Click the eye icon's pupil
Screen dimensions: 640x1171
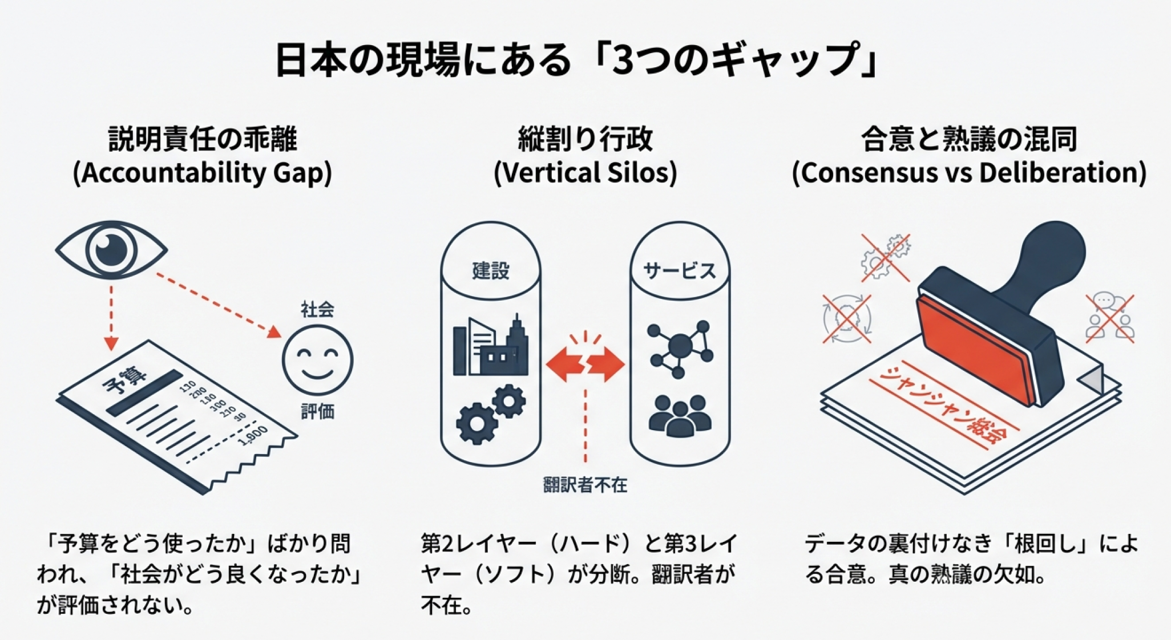111,249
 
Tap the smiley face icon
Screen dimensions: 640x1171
317,360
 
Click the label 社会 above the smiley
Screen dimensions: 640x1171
317,310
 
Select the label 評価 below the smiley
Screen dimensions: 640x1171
317,411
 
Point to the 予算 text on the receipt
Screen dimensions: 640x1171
124,379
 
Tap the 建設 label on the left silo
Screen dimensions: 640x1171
490,270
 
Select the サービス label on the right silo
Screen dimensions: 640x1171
680,270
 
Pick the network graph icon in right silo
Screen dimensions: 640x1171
680,348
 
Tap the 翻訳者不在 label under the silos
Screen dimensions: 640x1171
585,485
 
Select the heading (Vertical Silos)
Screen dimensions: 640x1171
585,173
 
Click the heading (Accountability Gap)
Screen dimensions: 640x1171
202,173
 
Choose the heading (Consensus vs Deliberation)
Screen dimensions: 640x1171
969,173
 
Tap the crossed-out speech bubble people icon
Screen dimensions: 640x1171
1109,318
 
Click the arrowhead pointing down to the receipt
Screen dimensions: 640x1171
111,343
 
